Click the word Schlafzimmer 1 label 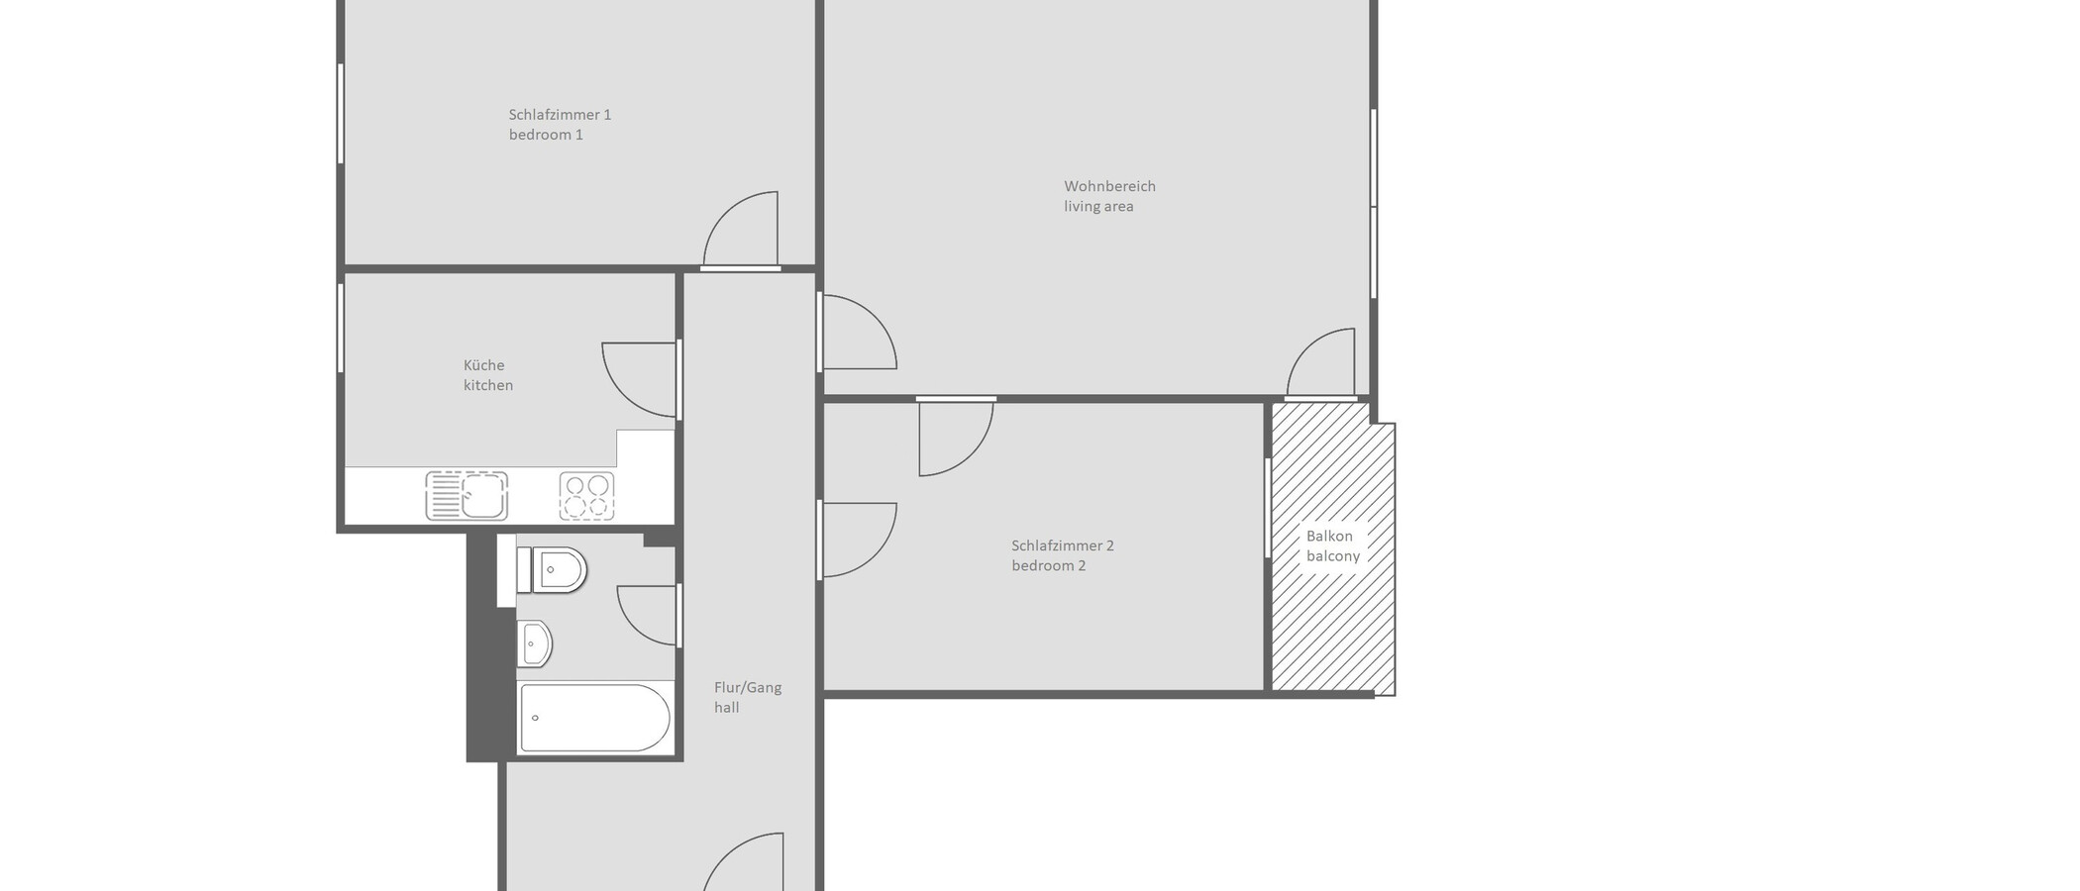click(x=560, y=115)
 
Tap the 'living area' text click(x=1098, y=207)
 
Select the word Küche click(x=483, y=365)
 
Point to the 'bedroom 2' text click(x=1048, y=566)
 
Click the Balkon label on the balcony click(x=1328, y=537)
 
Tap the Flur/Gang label click(x=748, y=688)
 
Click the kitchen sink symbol click(x=467, y=495)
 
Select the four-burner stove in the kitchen click(x=586, y=496)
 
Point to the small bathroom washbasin click(x=535, y=644)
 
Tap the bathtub click(x=594, y=718)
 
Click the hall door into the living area click(x=857, y=334)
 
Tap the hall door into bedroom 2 click(x=857, y=540)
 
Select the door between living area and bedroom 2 click(x=955, y=436)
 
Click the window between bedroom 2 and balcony click(x=1268, y=507)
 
